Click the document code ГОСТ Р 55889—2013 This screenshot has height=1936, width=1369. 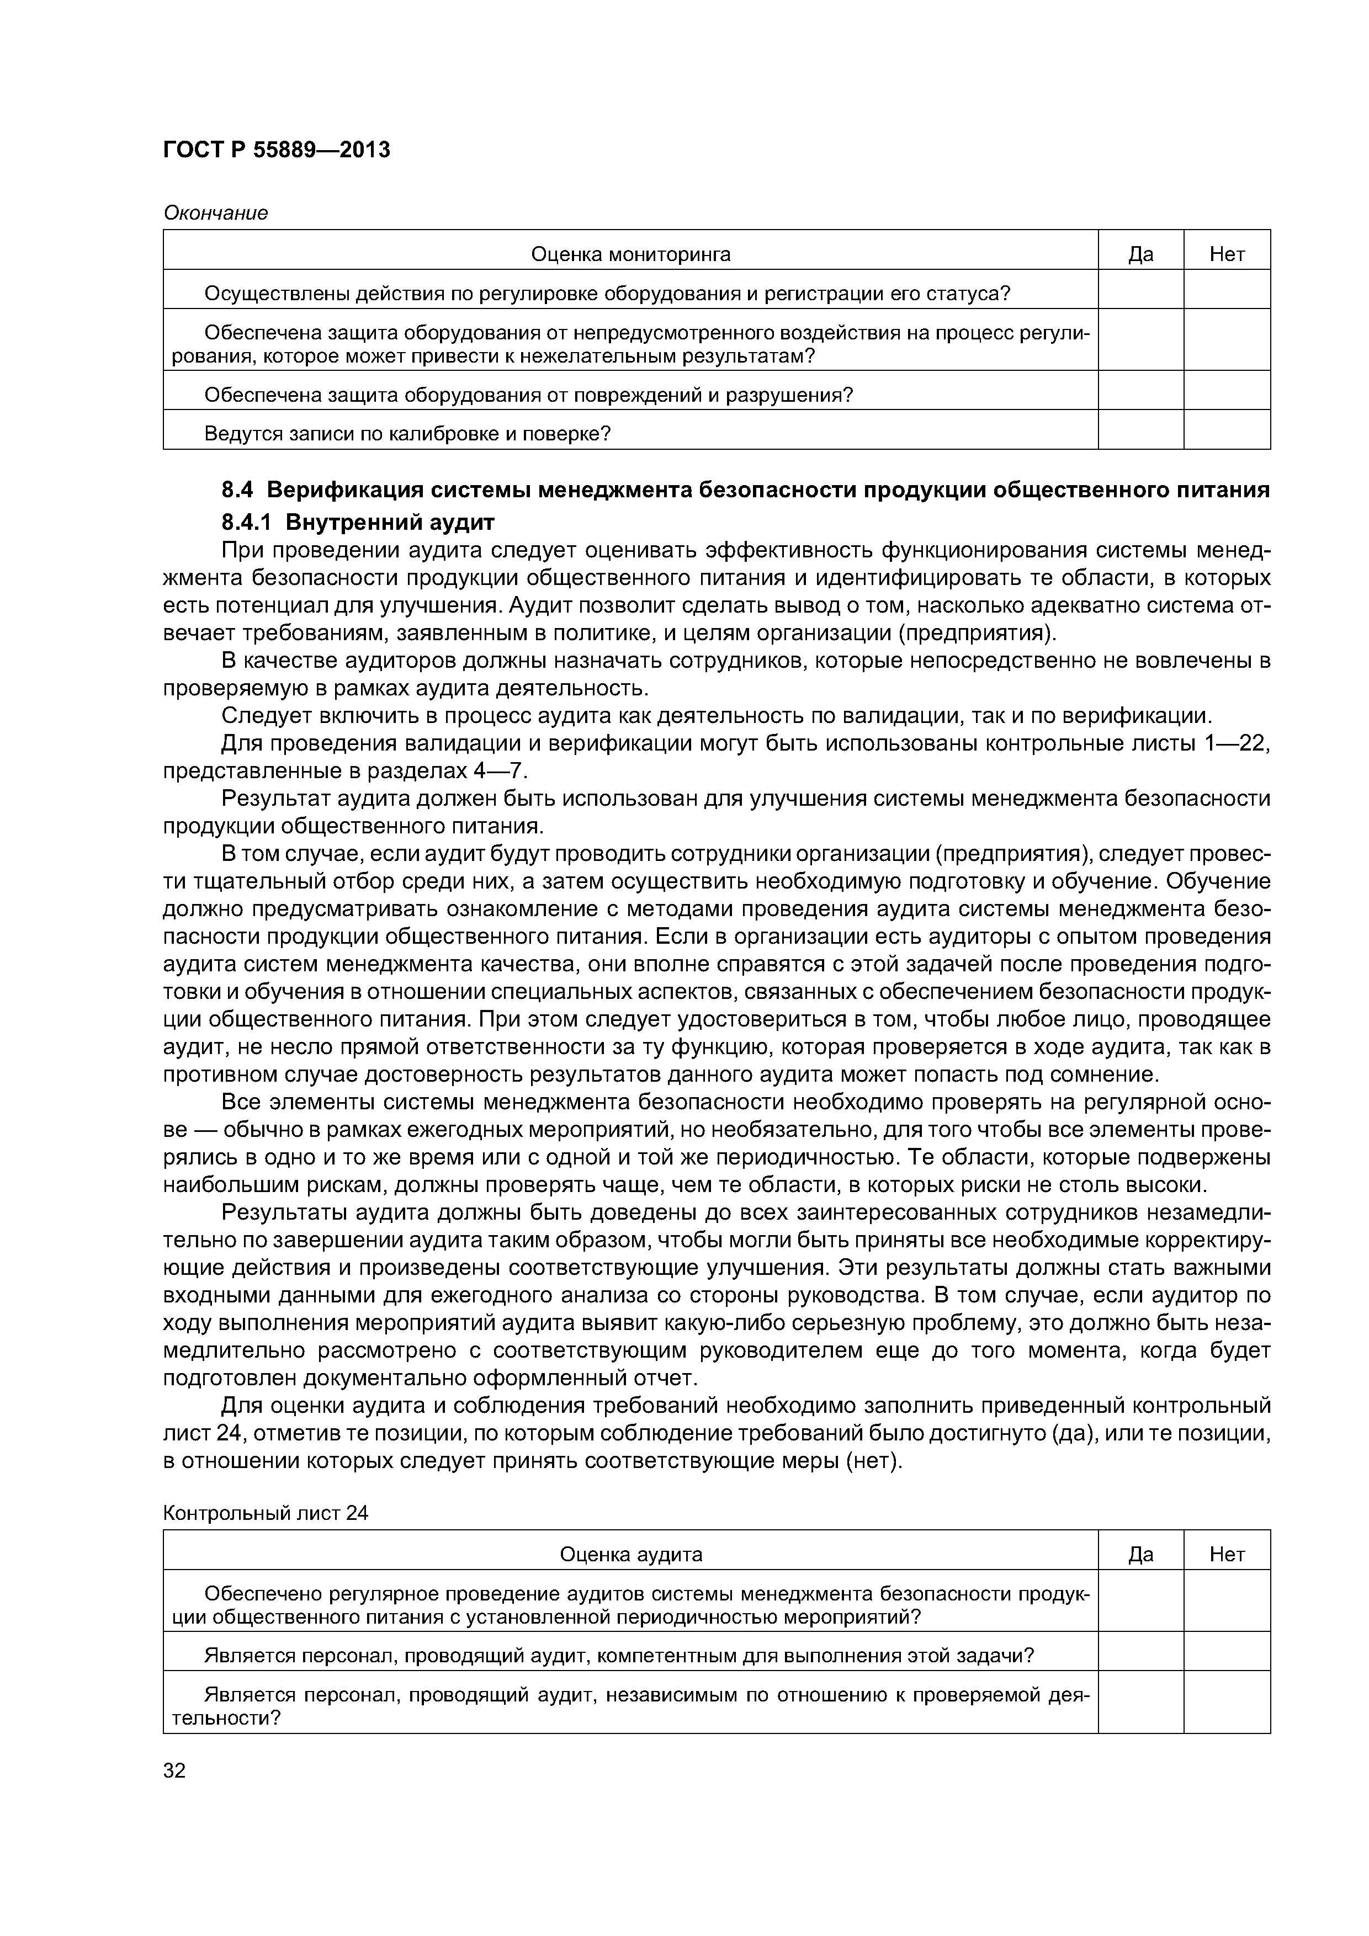(277, 150)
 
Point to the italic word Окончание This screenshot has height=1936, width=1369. (215, 214)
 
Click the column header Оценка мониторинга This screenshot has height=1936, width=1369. (630, 254)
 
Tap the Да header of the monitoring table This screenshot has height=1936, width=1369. (1140, 254)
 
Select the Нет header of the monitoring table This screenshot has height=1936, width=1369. (1227, 254)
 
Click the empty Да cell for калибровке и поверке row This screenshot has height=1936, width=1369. (1140, 433)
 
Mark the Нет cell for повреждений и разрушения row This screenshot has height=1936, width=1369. (1227, 395)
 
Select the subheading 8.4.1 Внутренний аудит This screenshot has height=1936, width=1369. (358, 522)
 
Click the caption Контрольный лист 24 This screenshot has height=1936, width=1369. (266, 1513)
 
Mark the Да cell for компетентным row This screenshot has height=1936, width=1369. (1140, 1655)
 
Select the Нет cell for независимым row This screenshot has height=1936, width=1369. (1227, 1706)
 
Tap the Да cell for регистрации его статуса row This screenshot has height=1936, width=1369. (1140, 292)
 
